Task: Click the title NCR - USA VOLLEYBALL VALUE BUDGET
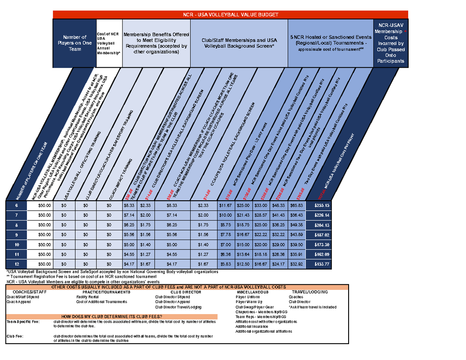[x=230, y=15]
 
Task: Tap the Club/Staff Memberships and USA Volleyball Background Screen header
[x=239, y=43]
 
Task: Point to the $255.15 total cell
[x=321, y=205]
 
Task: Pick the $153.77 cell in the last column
[x=321, y=264]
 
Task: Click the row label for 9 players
[x=17, y=234]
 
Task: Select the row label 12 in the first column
[x=17, y=264]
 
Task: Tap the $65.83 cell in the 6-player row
[x=297, y=205]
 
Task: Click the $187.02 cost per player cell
[x=321, y=234]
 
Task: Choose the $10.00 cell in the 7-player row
[x=225, y=215]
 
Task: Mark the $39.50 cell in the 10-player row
[x=297, y=244]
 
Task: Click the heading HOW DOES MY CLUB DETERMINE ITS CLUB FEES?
[x=111, y=316]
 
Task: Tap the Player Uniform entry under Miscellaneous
[x=248, y=297]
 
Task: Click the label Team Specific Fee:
[x=23, y=321]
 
